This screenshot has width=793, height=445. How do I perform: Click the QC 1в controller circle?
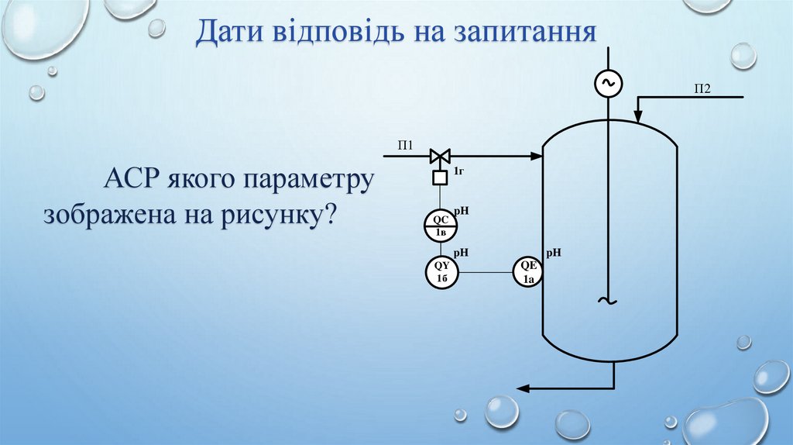point(441,226)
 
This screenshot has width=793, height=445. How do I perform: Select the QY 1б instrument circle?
point(441,272)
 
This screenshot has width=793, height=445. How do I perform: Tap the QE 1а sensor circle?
point(528,272)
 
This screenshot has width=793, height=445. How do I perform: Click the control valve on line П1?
point(440,157)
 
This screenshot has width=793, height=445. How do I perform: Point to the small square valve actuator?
point(440,178)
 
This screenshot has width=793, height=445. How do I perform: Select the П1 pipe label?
point(407,144)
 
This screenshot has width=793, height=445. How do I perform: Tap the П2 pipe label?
point(702,89)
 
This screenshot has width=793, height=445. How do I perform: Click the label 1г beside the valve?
point(458,170)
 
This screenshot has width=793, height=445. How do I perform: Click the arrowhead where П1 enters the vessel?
point(537,157)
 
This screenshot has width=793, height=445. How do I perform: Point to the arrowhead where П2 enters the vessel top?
point(637,117)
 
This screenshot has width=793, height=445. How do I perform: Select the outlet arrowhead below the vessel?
point(524,388)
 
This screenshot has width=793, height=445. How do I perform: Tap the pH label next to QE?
point(554,253)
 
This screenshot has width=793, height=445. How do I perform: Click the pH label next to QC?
point(462,210)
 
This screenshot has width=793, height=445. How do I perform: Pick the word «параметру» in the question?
point(309,182)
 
